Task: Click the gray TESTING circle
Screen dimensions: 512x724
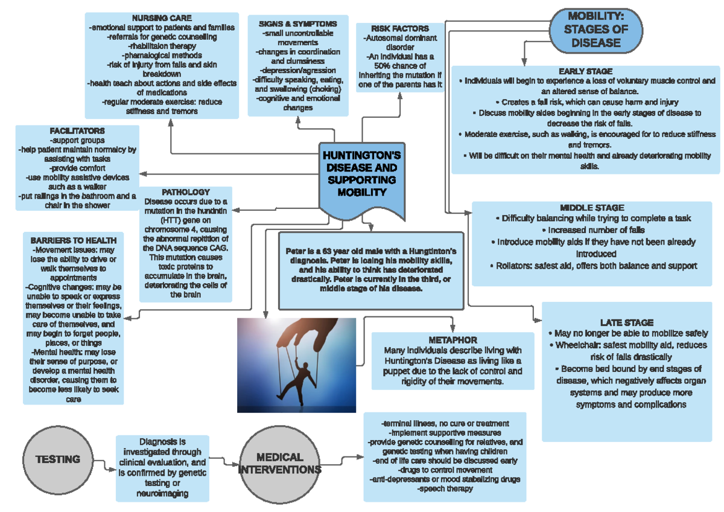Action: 58,459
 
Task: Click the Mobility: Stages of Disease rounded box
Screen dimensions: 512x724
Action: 595,29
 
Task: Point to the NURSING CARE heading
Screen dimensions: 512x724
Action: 162,18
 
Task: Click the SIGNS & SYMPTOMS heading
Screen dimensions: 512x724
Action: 297,24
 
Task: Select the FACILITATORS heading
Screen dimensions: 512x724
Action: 78,130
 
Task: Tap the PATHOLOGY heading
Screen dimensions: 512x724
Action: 186,192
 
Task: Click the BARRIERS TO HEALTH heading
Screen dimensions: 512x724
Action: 74,240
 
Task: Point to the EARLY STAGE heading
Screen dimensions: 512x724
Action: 585,71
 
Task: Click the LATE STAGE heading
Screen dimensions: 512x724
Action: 627,323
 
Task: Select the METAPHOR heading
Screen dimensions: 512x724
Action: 453,341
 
